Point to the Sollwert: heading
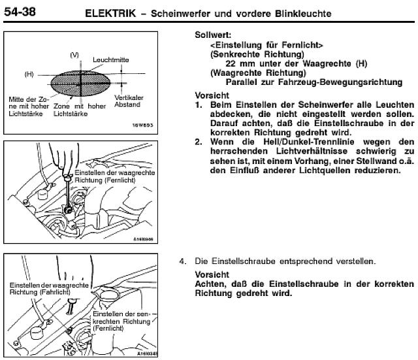point(215,33)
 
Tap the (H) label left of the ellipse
point(29,74)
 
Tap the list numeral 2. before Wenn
point(199,141)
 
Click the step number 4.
point(184,261)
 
